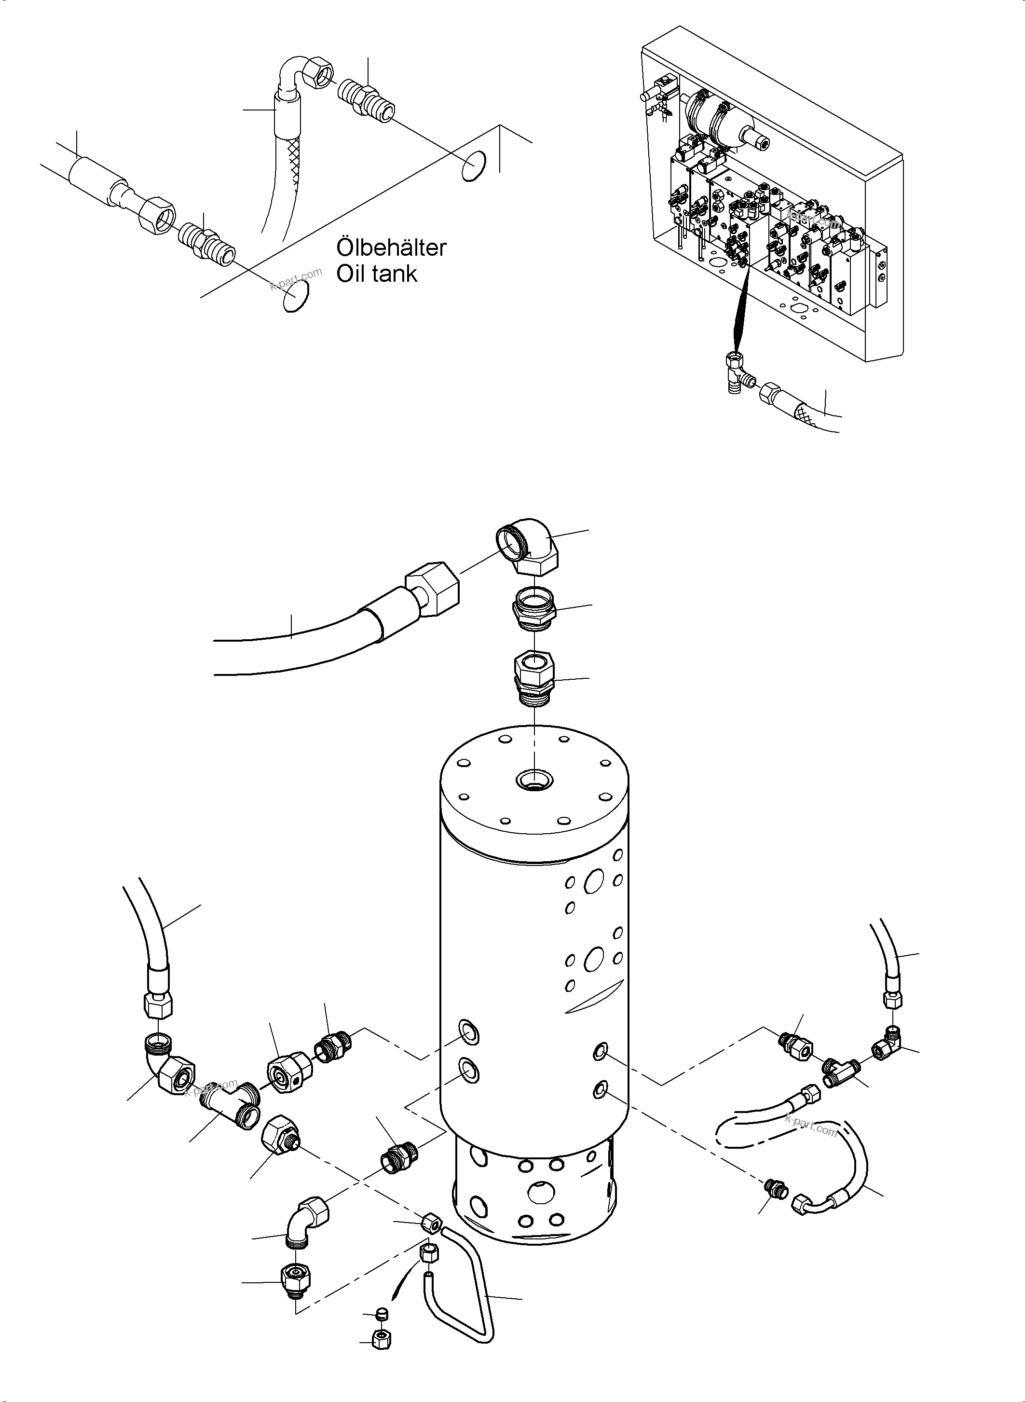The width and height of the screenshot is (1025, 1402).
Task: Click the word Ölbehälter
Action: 391,247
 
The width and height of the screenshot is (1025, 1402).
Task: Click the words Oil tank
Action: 377,274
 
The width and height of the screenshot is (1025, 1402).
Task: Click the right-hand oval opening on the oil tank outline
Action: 473,166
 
